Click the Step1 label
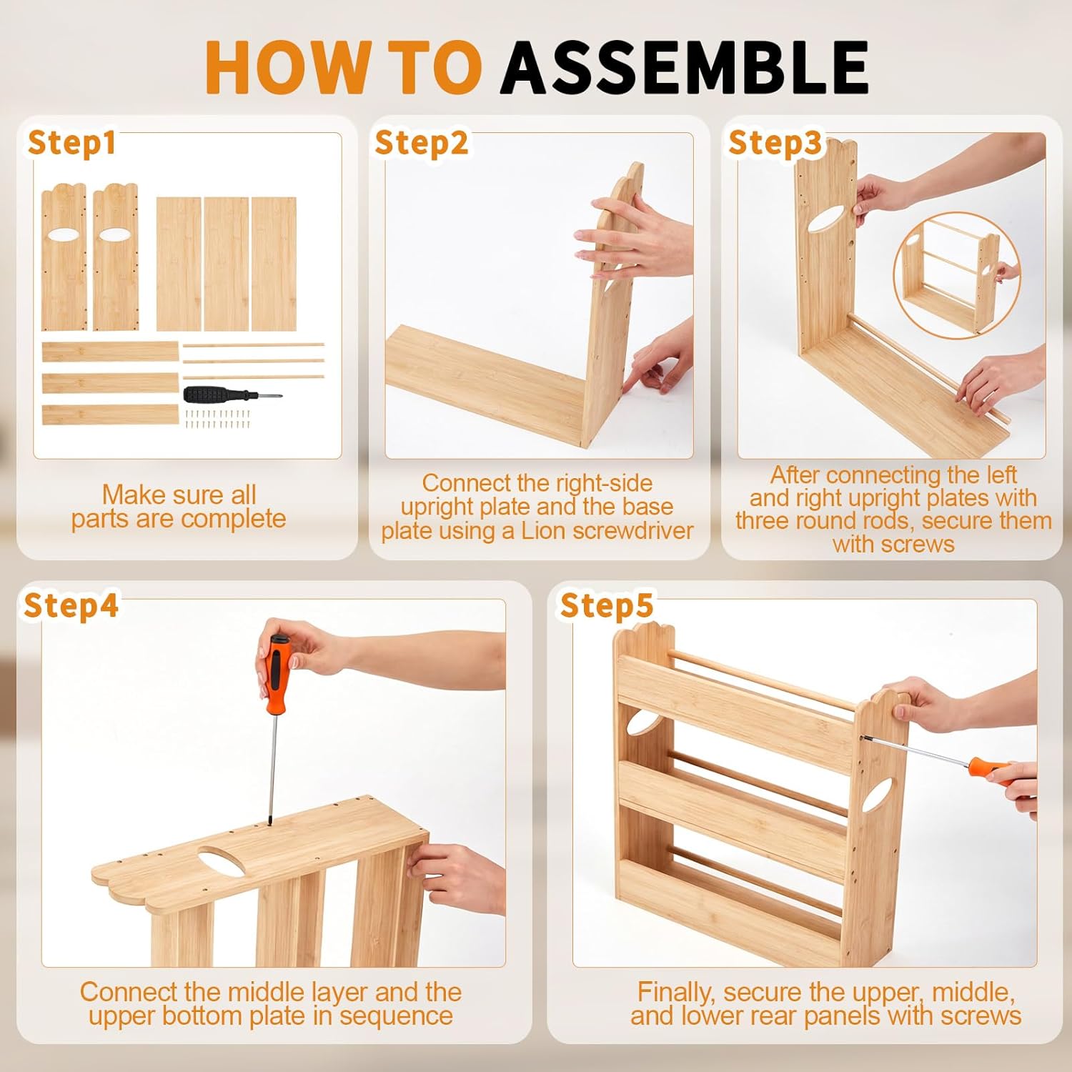[x=71, y=143]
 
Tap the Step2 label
[x=422, y=143]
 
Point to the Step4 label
[x=71, y=605]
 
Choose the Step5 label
[x=607, y=605]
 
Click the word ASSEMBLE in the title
[x=684, y=67]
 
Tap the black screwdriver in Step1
[x=234, y=394]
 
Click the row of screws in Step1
[x=219, y=419]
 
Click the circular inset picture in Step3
[x=958, y=275]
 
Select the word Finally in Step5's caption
[x=675, y=993]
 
